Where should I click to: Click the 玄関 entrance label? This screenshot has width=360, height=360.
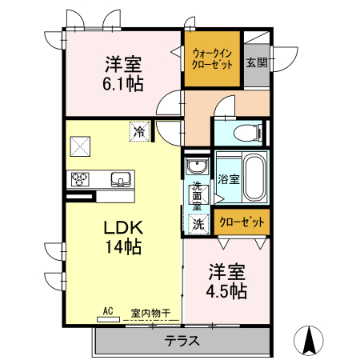coord(256,62)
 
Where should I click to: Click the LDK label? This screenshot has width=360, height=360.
coord(122,227)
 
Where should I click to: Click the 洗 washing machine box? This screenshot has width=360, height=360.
coord(198,225)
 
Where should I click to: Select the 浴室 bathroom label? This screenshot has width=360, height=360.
coord(228,178)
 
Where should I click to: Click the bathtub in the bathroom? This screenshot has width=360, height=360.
coord(254,178)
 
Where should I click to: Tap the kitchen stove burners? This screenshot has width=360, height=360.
coord(80,178)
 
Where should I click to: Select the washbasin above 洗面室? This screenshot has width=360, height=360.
coord(197,167)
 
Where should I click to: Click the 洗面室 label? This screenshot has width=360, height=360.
coord(198,197)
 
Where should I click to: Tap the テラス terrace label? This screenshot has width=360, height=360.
coord(182,341)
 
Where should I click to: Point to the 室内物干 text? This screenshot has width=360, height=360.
coord(150,313)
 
